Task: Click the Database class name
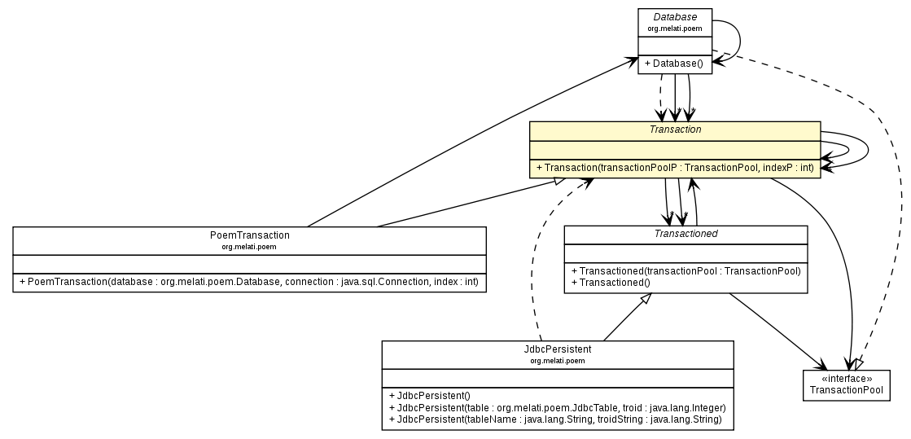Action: [x=675, y=17]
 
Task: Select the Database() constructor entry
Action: [x=675, y=64]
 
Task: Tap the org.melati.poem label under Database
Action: [x=675, y=29]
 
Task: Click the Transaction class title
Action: [x=675, y=130]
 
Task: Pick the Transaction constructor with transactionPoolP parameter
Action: [x=675, y=168]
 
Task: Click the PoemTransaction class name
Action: [x=249, y=235]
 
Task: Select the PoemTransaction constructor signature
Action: [x=249, y=282]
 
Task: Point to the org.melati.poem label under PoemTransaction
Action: [x=249, y=246]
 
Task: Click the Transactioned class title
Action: [x=685, y=233]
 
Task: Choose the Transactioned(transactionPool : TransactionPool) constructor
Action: [x=685, y=271]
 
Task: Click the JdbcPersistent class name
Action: [x=558, y=349]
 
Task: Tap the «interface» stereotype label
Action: [x=846, y=379]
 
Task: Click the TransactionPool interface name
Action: [x=846, y=390]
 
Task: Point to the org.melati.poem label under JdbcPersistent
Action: [x=558, y=360]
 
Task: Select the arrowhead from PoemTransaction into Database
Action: [x=631, y=60]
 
